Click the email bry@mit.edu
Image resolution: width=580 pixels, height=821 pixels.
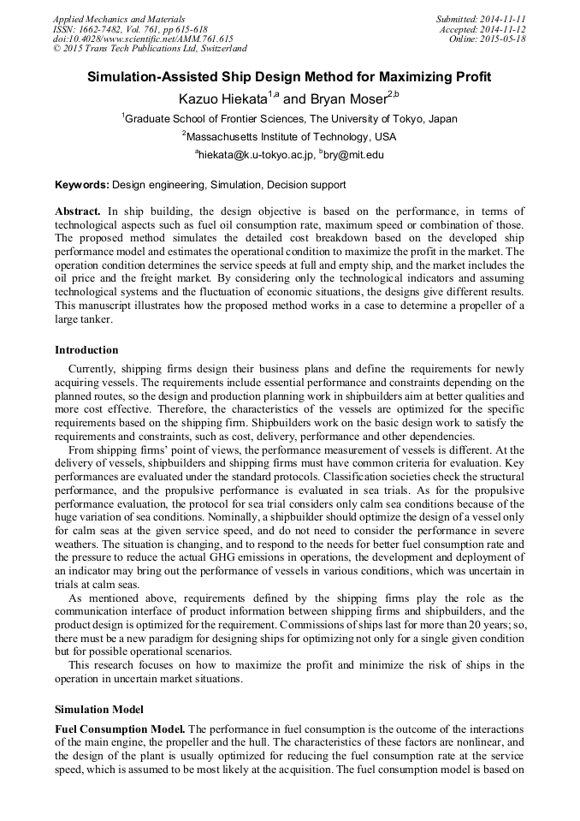click(x=352, y=155)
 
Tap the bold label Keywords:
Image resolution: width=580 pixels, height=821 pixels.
click(x=82, y=184)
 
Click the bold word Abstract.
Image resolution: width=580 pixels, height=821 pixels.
click(x=78, y=211)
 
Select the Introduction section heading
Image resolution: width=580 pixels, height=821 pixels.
click(x=86, y=350)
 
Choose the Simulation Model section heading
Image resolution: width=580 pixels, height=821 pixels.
click(x=99, y=710)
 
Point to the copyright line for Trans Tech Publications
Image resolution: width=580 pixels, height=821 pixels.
click(x=150, y=49)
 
